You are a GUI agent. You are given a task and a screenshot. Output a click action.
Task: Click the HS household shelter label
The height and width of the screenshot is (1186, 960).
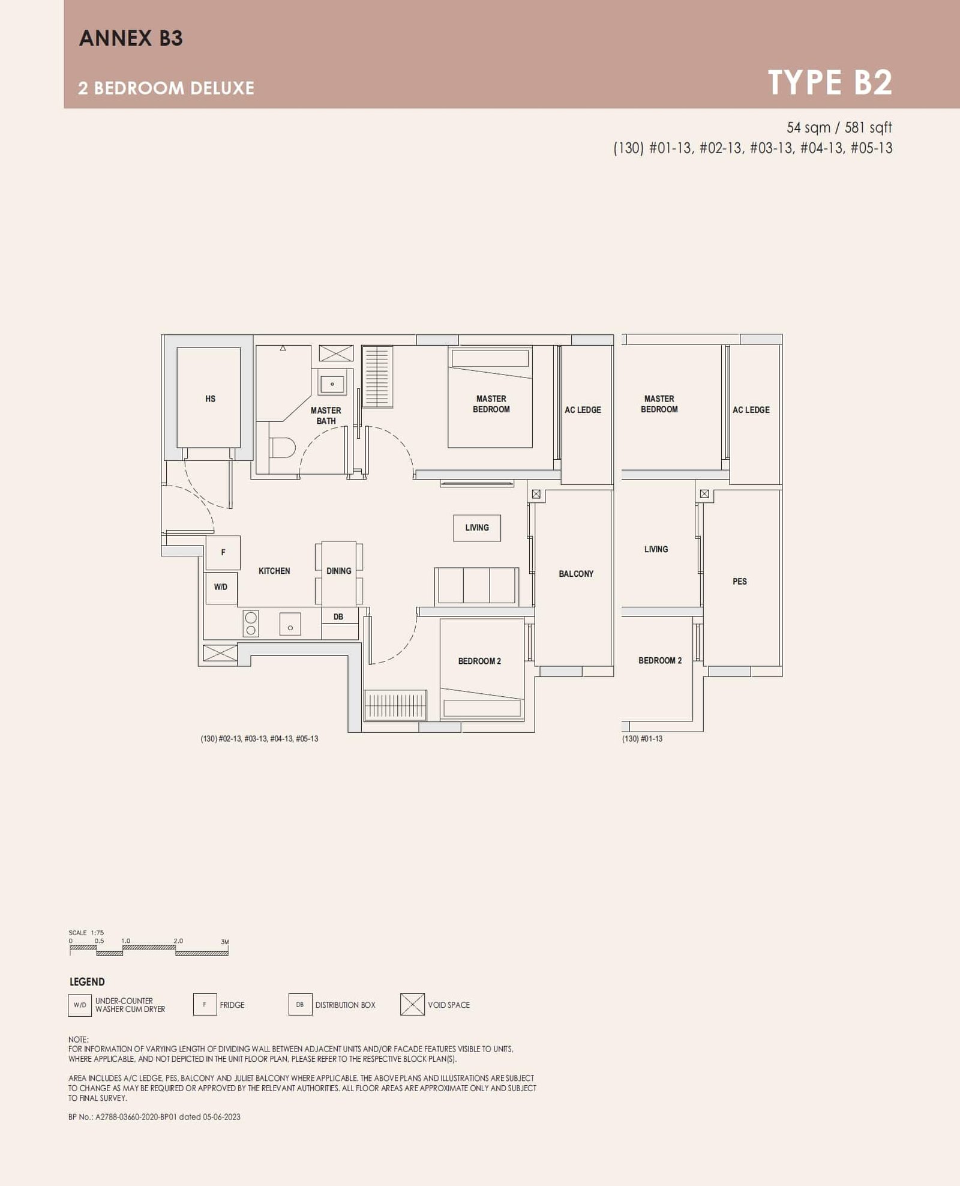coord(210,399)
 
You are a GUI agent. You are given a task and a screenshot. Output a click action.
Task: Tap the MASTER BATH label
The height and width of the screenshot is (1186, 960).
coord(326,415)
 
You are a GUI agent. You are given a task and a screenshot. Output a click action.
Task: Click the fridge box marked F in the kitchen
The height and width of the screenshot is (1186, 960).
coord(223,552)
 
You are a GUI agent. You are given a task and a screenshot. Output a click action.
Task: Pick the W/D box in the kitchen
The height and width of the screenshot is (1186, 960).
coord(221,587)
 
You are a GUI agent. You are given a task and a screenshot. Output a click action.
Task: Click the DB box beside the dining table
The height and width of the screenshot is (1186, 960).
coord(338,617)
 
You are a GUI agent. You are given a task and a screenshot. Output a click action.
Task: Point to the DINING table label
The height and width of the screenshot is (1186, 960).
coord(339,571)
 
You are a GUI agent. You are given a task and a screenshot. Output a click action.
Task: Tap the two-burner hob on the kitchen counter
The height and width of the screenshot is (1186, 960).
coord(251,623)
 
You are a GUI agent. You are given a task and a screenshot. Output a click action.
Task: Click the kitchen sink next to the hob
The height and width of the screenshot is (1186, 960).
coord(290,624)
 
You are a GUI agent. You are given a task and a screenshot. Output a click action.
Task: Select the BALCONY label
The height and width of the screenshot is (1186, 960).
coord(576,574)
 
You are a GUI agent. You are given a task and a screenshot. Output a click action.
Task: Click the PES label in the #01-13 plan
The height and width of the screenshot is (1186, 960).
coord(740,581)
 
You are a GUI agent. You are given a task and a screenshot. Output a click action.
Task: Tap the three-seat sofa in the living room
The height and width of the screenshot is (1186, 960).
coord(477,586)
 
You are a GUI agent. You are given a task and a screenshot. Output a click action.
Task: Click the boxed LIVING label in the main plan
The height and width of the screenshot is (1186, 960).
coord(477,528)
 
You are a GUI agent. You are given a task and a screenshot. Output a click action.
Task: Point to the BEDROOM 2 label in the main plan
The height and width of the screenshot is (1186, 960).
coord(479,661)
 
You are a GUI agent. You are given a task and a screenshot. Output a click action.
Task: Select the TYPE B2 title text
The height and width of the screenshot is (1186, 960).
coord(830,82)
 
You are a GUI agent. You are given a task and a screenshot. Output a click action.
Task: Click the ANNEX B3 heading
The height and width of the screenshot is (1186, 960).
coord(131,38)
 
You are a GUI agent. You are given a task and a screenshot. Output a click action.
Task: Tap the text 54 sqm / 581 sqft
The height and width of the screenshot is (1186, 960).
coord(839,127)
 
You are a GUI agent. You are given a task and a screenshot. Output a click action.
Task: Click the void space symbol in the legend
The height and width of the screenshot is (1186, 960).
coord(412,1004)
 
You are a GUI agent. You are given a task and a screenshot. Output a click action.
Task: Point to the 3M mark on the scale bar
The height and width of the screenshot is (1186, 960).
coord(225,942)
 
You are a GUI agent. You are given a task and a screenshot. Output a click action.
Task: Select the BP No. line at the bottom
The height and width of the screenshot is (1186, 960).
coord(154,1116)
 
